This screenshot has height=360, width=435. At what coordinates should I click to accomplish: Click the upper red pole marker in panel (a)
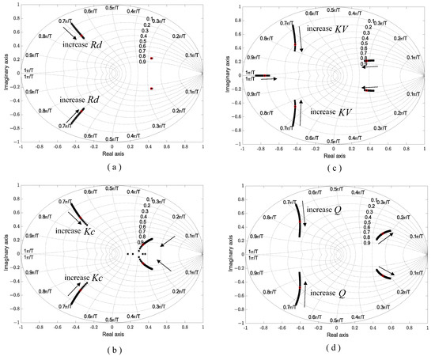(x=151, y=59)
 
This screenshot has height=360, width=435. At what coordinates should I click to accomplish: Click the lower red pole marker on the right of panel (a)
(x=151, y=89)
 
